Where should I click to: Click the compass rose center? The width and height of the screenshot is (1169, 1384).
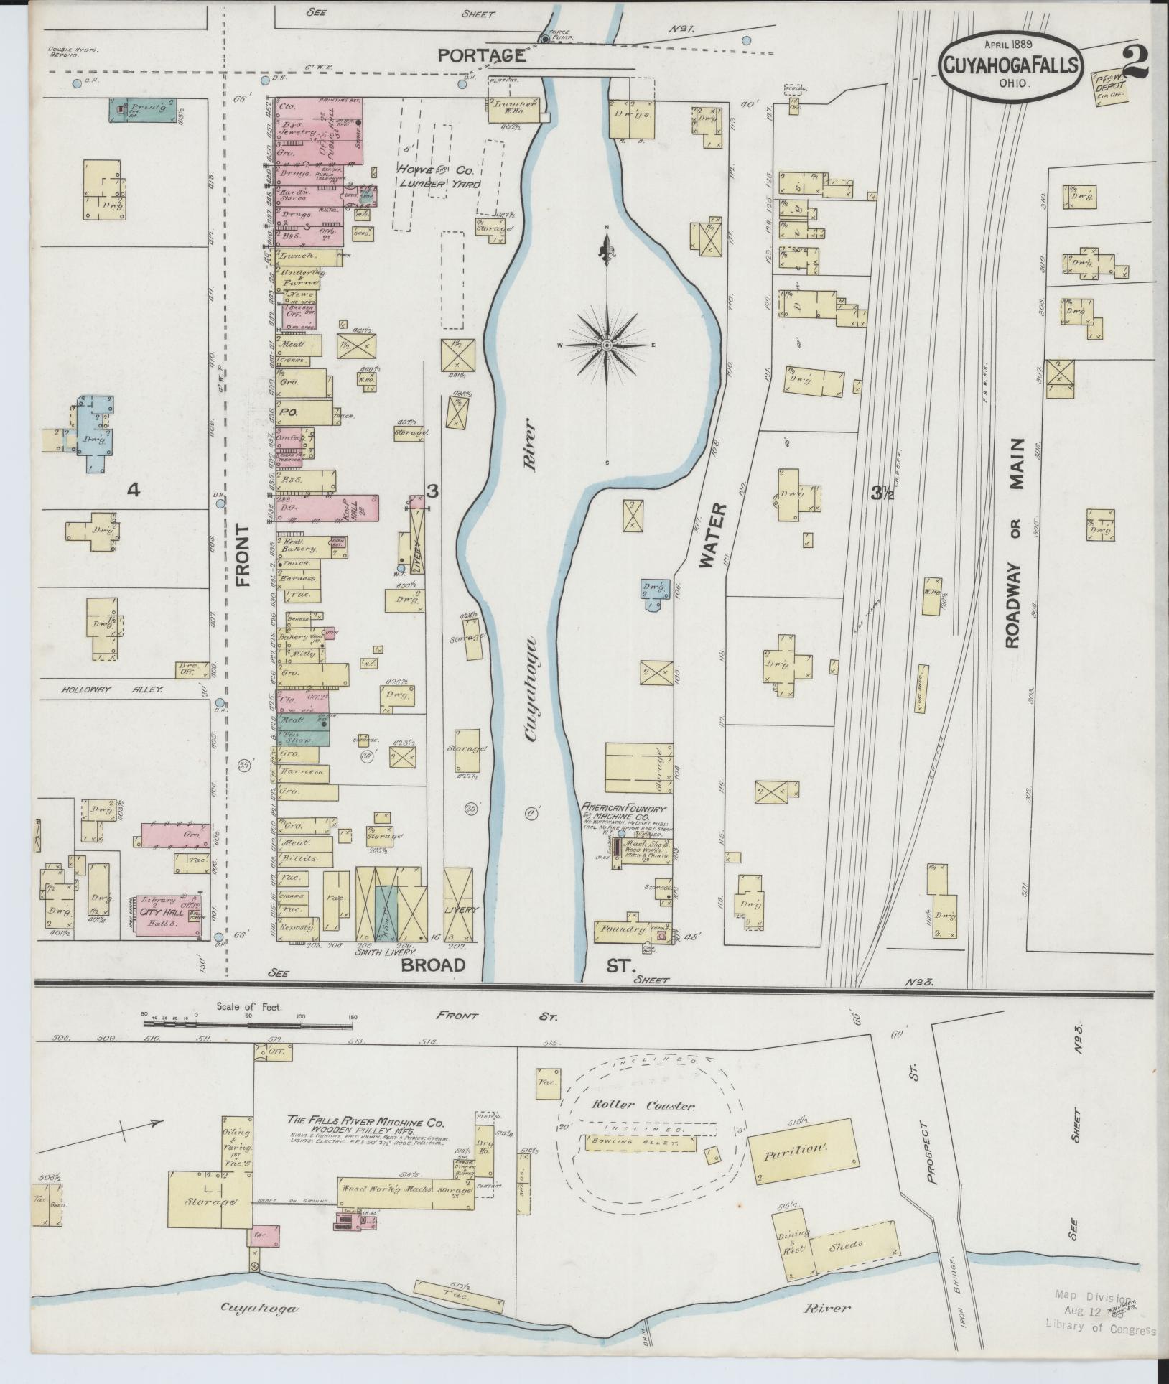tap(607, 346)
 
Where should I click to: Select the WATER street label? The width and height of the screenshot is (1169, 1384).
tap(713, 536)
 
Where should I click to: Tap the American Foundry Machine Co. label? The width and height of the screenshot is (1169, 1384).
tap(624, 812)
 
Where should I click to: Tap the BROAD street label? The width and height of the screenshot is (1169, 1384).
tap(432, 964)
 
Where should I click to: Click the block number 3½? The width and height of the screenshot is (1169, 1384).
tap(882, 493)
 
